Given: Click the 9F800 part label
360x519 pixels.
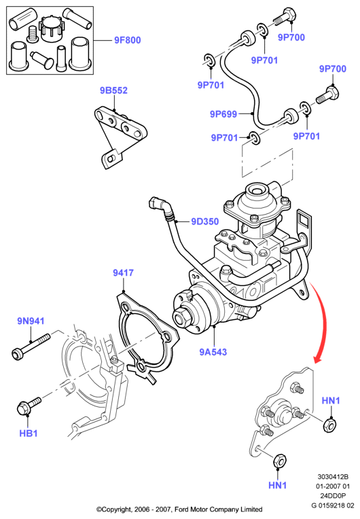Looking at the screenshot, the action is click(x=128, y=40).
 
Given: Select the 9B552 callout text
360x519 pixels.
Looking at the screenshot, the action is click(x=113, y=90).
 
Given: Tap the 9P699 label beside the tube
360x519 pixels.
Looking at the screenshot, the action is click(x=223, y=114).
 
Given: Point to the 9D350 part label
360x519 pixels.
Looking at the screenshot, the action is click(x=205, y=221).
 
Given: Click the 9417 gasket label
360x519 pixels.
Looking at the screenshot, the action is click(x=123, y=272).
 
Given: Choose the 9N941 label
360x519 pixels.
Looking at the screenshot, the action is click(x=31, y=321).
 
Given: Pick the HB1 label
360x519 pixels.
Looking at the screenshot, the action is click(x=29, y=433).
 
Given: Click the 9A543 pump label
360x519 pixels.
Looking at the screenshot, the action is click(x=213, y=352).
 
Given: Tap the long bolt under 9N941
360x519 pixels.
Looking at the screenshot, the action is click(x=31, y=346).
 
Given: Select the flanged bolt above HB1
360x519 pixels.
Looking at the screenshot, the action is click(x=29, y=406).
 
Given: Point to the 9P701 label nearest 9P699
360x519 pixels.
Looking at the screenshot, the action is click(x=224, y=137).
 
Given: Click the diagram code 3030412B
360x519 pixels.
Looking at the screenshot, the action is click(x=333, y=477).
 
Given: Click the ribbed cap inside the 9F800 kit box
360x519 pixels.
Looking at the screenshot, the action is click(x=52, y=29).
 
